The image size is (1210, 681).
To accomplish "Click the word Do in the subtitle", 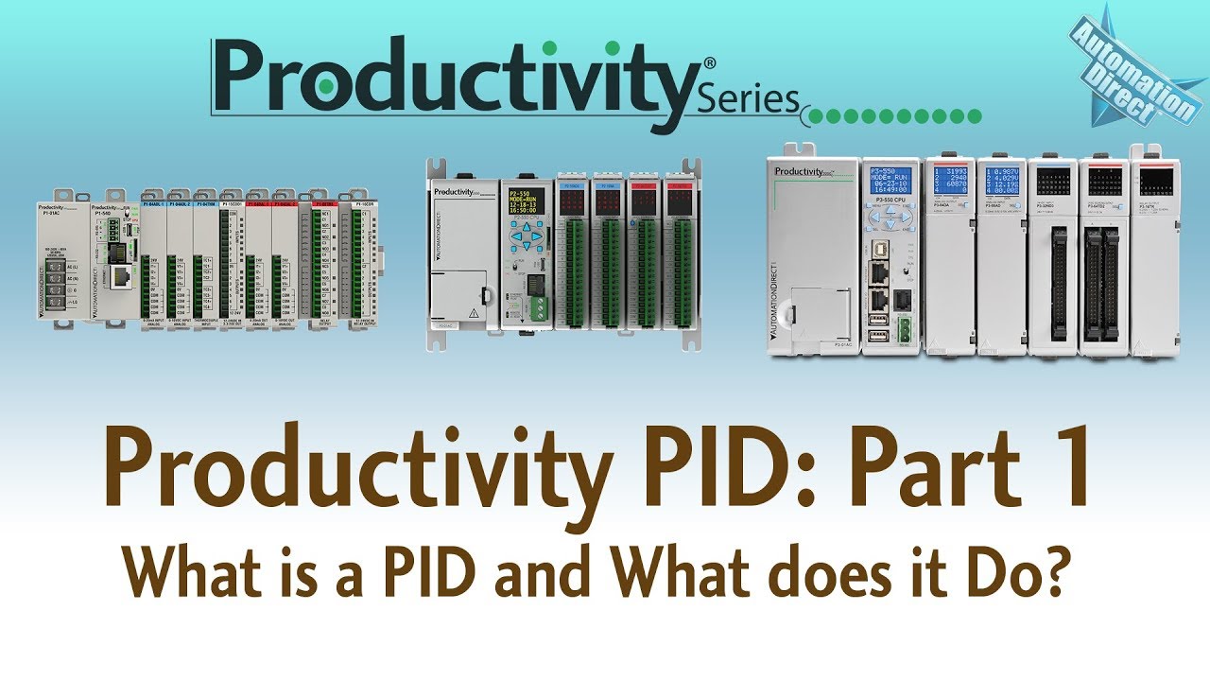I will (1003, 573).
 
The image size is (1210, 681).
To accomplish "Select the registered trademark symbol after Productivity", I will (710, 62).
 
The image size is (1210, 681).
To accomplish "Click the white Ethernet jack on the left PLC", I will (122, 275).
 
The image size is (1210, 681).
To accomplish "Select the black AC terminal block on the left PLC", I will (59, 281).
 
